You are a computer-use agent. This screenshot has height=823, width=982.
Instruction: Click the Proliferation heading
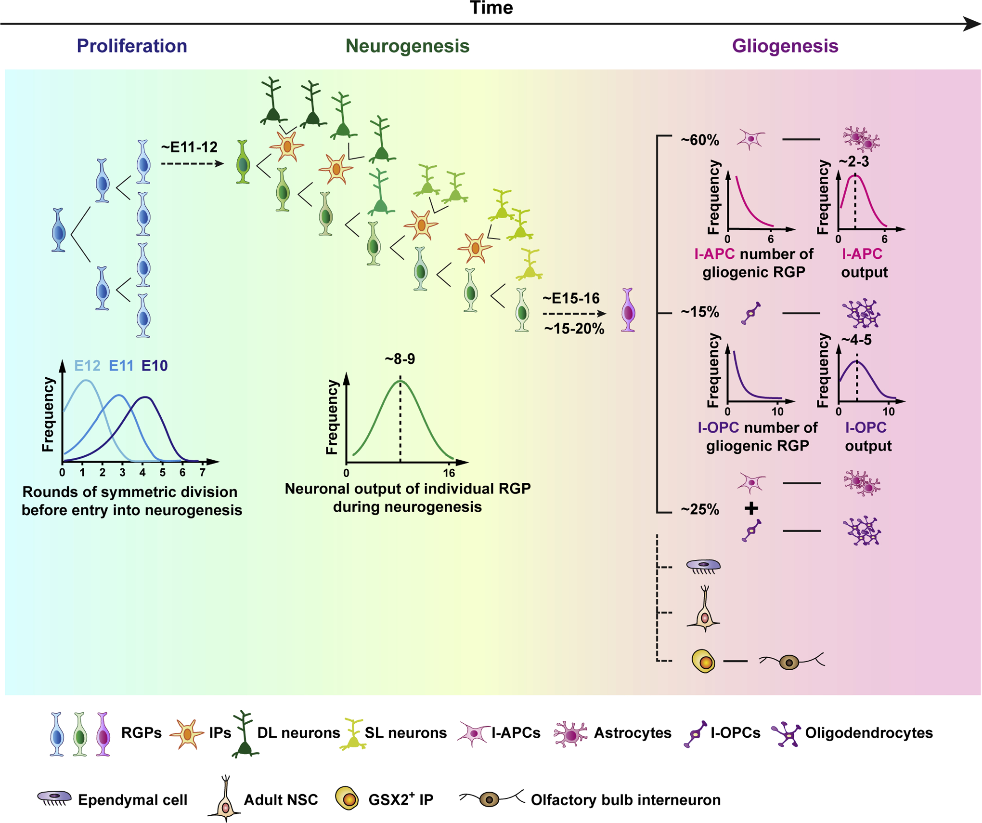click(131, 46)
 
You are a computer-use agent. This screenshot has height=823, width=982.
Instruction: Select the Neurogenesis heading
click(407, 46)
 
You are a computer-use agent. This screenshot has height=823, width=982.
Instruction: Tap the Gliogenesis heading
click(785, 46)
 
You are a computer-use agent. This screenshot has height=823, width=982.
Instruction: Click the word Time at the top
click(491, 8)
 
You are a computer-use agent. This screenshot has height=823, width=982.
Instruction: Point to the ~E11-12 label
click(189, 147)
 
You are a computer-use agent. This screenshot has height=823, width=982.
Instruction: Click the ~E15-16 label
click(571, 299)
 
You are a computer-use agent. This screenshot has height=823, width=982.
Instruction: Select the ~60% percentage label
click(699, 140)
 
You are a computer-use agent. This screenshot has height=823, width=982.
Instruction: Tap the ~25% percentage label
click(699, 509)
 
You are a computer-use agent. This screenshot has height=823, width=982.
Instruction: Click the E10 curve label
click(154, 366)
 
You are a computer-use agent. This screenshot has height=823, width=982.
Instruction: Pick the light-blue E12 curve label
click(87, 366)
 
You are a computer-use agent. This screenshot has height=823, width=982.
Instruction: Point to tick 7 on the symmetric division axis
click(203, 473)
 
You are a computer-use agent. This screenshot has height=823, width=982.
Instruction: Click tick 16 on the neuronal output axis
click(449, 473)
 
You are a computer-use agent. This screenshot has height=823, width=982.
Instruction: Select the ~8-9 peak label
click(400, 359)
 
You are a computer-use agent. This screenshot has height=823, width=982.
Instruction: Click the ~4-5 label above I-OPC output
click(856, 340)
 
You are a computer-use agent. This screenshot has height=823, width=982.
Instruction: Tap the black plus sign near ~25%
click(751, 508)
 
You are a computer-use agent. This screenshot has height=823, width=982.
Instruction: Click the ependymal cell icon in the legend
click(54, 798)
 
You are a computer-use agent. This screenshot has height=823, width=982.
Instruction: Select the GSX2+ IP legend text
click(401, 800)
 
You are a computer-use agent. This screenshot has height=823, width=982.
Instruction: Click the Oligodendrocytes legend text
click(869, 733)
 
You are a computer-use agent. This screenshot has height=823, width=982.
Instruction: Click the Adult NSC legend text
click(281, 800)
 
